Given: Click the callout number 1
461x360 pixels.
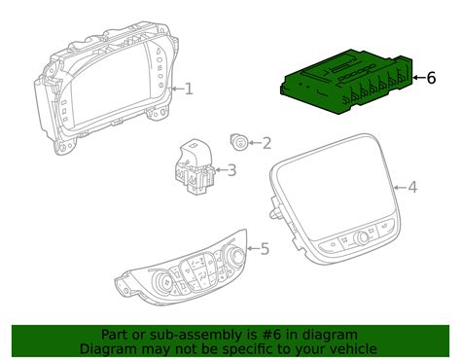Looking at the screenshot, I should pos(189,89).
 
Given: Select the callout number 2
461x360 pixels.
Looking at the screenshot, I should pos(266,144).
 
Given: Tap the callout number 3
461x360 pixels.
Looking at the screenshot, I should pos(230,170).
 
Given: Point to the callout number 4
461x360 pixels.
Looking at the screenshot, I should pos(412,187).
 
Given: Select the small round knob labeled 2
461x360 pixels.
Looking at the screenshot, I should pos(238,142).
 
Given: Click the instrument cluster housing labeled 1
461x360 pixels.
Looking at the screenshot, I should pos(107,93).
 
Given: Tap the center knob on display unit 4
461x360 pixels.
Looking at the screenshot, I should pos(364,235).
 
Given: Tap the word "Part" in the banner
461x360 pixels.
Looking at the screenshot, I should pos(119,334).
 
